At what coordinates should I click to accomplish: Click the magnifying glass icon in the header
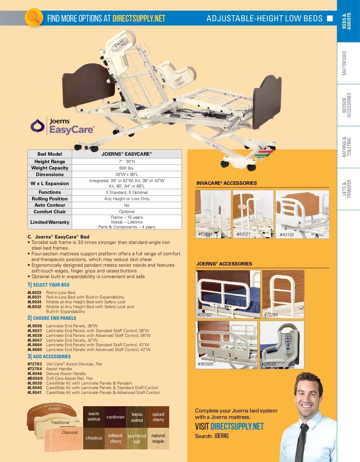34,18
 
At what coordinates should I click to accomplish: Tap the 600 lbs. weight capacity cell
127,168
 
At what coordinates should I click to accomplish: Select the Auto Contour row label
50,205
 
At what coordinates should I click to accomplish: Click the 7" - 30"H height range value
127,161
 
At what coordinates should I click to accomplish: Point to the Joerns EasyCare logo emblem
37,126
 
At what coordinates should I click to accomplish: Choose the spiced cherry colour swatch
158,417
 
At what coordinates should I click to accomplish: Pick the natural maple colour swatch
158,438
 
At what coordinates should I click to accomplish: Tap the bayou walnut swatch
137,417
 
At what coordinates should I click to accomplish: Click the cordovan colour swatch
115,417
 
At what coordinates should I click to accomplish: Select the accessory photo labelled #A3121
253,214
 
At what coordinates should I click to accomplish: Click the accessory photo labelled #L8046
282,345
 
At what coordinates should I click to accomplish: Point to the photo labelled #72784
283,294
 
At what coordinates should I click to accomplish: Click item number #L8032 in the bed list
34,307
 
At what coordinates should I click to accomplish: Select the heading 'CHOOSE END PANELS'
54,318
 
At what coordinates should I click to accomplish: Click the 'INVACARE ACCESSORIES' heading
226,183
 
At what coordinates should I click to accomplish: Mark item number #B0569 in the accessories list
35,378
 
